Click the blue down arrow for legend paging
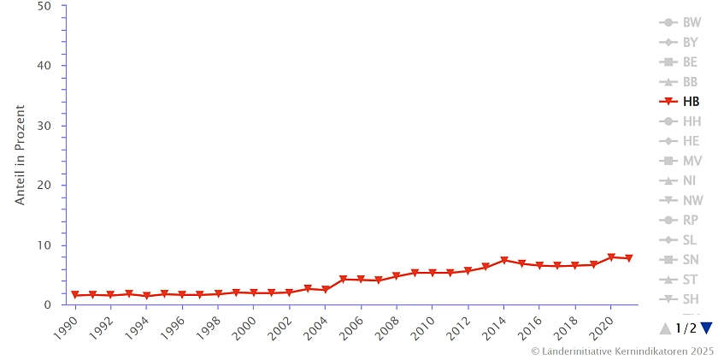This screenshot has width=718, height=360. (706, 328)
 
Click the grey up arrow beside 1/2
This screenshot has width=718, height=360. (666, 328)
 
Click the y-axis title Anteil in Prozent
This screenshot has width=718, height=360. (21, 155)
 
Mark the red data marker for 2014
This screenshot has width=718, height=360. (504, 261)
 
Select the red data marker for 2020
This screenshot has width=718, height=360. (611, 257)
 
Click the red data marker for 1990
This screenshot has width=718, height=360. (75, 295)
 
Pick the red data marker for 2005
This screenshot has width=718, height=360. (343, 280)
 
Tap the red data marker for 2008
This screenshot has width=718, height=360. (397, 276)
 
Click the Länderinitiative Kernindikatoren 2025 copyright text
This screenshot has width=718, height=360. (621, 351)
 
